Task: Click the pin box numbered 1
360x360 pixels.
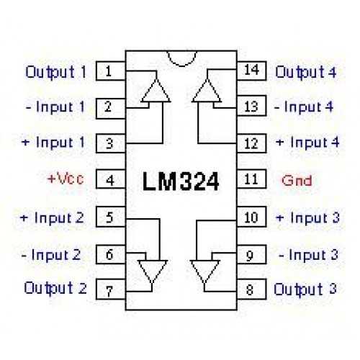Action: [111, 71]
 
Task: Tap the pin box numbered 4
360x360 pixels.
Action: [111, 179]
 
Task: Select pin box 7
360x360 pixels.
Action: [111, 289]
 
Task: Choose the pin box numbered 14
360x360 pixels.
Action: [251, 71]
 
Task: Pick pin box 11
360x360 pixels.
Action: [251, 179]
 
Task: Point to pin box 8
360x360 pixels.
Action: [251, 289]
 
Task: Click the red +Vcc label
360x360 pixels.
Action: [66, 179]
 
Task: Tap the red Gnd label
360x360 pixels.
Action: [297, 181]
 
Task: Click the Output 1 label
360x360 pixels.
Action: [55, 72]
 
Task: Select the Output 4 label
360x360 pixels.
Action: [306, 72]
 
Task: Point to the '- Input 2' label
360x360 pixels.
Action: [51, 255]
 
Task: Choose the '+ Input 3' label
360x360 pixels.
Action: [307, 218]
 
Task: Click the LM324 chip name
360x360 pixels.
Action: [181, 181]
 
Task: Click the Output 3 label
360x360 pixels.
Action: [305, 289]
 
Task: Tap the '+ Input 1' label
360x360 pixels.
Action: [53, 143]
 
